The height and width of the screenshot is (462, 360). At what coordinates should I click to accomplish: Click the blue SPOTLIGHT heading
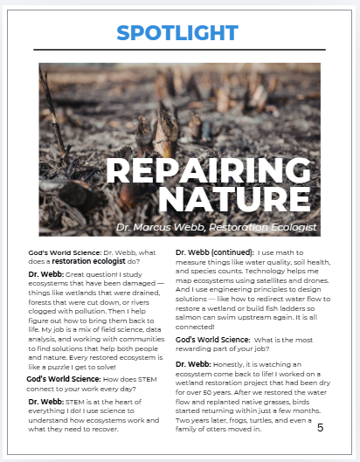click(180, 32)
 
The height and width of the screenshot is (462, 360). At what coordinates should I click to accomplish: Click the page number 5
click(320, 427)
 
